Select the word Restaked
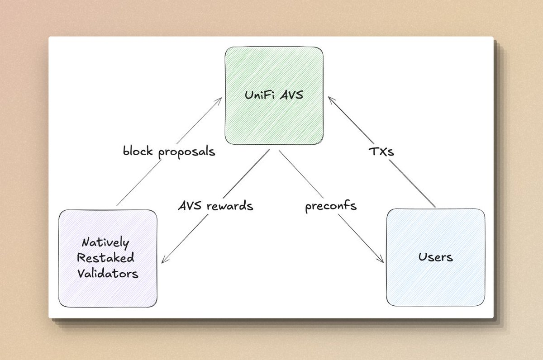[105, 258]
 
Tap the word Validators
[107, 273]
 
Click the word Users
[435, 257]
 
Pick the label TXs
[382, 152]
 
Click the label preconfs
[330, 206]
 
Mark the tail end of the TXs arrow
[435, 207]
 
